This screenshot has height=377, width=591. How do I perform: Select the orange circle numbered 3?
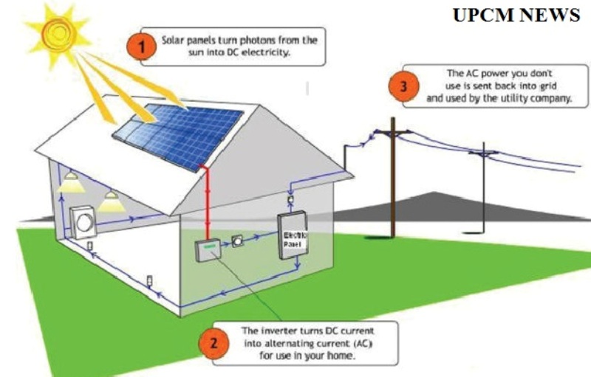402,86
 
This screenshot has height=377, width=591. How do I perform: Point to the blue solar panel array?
180,134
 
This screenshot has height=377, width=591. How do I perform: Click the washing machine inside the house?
83,221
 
